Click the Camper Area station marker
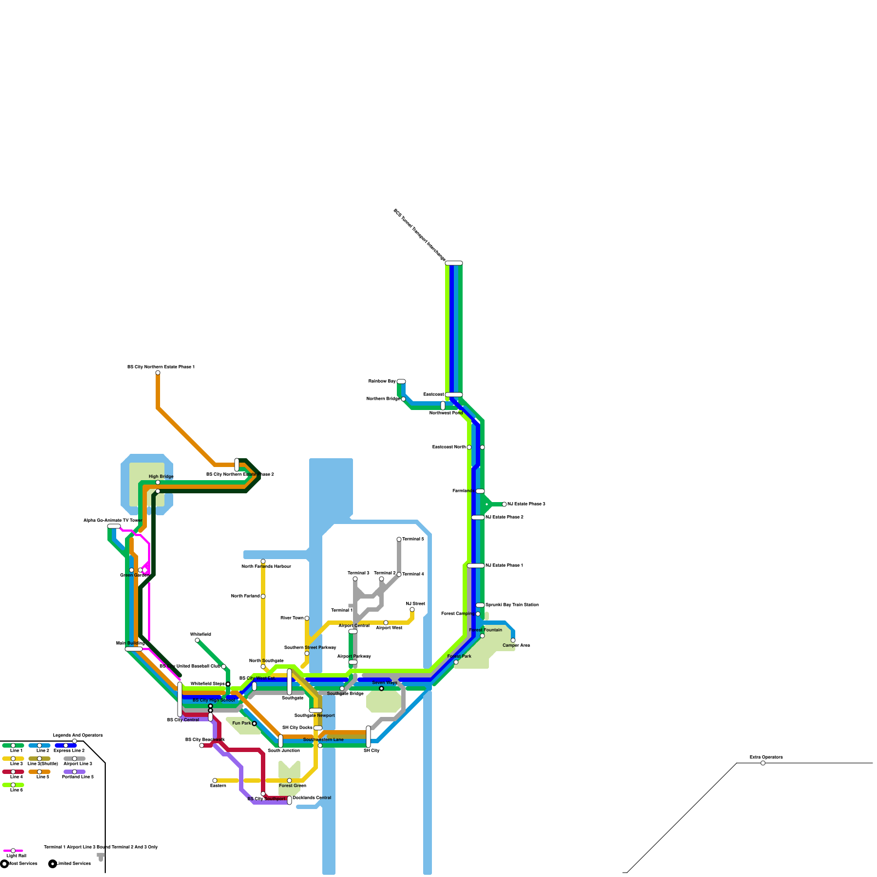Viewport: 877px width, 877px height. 513,640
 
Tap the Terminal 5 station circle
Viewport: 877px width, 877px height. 399,539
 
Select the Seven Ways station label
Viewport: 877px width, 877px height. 384,682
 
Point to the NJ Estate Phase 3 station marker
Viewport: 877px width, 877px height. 504,504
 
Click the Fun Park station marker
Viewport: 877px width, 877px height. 254,724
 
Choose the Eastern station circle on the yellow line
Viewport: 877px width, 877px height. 215,781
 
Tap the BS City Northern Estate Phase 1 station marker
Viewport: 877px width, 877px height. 158,373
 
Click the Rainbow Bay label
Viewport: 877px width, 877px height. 381,381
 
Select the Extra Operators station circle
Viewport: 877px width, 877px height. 763,763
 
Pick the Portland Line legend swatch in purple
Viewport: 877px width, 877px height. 75,772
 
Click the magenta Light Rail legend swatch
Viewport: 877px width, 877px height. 13,851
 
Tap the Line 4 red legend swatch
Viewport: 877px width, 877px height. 13,772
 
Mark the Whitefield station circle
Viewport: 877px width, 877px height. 197,640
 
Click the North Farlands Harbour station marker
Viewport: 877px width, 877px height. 263,561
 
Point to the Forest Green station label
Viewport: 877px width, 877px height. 292,785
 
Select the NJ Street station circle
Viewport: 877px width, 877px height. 412,610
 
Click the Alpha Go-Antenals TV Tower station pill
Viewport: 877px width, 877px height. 114,526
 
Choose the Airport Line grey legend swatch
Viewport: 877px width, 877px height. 75,759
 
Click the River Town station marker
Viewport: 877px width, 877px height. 307,618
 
